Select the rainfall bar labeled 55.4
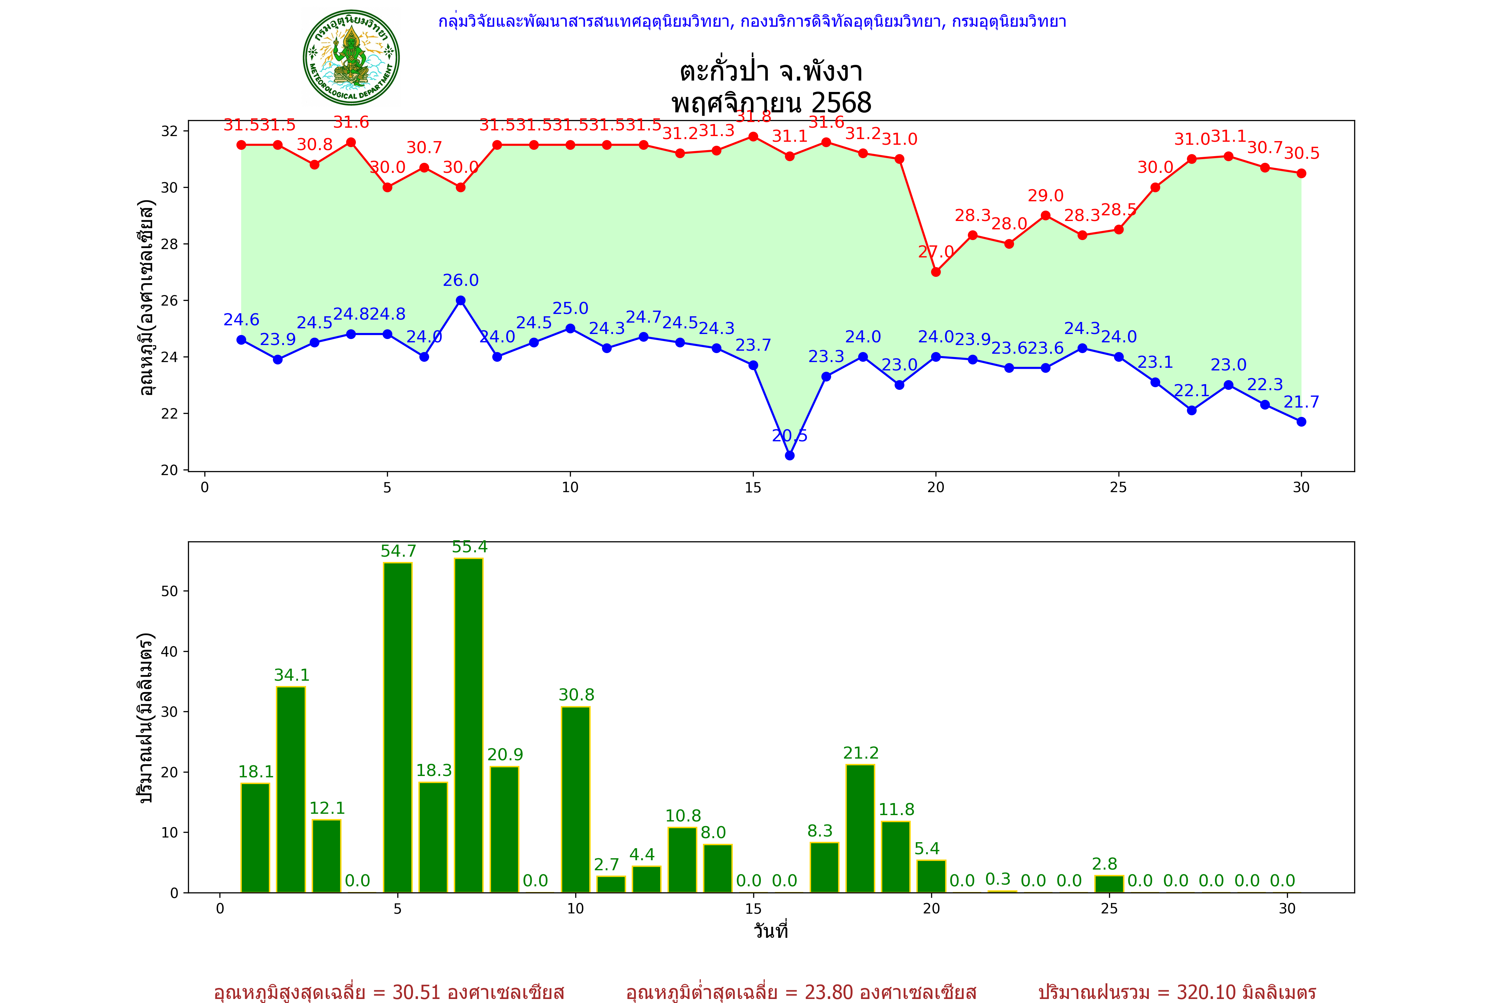pos(469,726)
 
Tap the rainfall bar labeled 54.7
pos(397,727)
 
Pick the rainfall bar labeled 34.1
pos(291,789)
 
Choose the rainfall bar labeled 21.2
pos(860,828)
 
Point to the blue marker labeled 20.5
pos(790,455)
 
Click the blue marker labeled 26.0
pos(461,301)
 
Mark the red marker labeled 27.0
pos(935,272)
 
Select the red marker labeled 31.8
pos(753,137)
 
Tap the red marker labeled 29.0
pos(1045,216)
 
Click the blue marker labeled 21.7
pos(1301,422)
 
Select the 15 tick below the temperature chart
pos(753,487)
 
